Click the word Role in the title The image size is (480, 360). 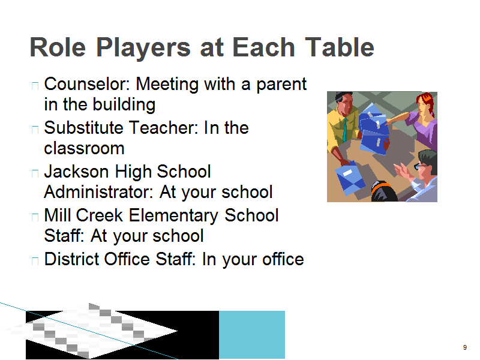58,47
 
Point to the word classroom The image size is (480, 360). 84,148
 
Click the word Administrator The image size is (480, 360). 98,192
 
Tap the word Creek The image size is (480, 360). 99,215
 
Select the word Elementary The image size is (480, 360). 173,216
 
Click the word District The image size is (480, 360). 71,259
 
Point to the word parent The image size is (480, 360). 281,85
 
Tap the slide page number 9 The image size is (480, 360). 465,347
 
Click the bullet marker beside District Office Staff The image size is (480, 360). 35,260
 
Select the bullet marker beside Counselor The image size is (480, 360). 35,85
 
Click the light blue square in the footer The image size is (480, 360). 252,335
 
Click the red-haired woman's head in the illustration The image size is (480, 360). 425,105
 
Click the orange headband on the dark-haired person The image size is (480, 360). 382,186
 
